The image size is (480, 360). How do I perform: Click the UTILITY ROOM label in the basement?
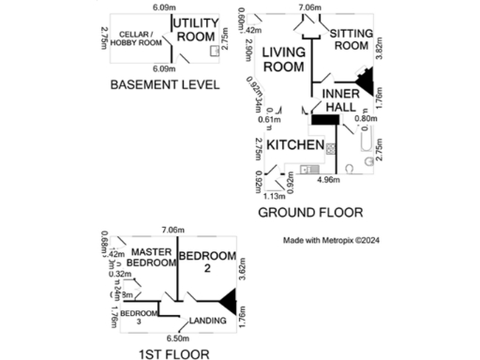coord(196,29)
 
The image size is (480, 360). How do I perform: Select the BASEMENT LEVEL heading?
coord(164,84)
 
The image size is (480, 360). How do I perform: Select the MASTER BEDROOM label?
coord(150,258)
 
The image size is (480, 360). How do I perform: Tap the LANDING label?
coord(207,322)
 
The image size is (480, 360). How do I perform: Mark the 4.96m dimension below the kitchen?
coord(327,179)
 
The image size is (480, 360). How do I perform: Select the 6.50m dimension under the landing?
coord(173,337)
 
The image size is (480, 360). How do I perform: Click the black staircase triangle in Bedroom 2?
coord(228,301)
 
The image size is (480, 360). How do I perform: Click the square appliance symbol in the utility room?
coord(214,52)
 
